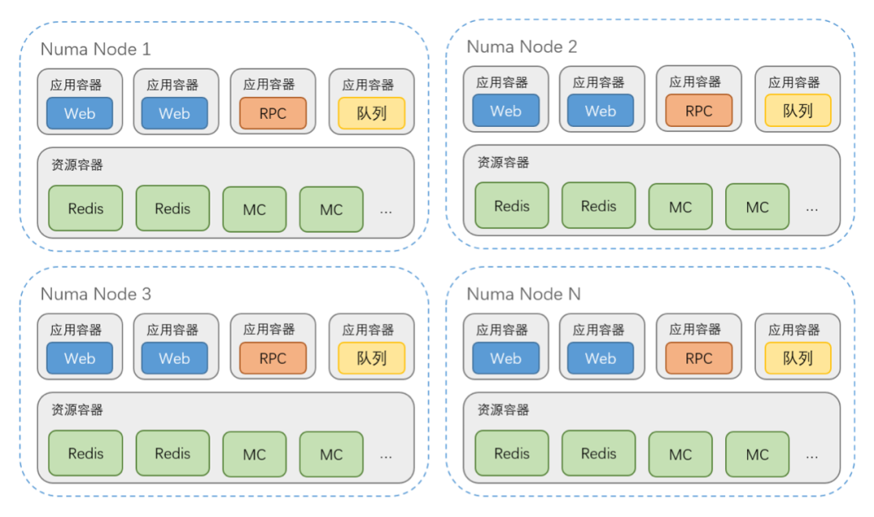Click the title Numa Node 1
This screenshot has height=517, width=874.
click(95, 50)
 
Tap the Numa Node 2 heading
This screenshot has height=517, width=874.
click(522, 47)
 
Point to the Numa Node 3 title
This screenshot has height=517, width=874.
click(95, 295)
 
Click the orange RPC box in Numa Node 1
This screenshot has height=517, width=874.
click(273, 113)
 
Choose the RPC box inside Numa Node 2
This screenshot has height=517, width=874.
click(698, 111)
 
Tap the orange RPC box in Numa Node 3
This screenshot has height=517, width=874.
click(273, 358)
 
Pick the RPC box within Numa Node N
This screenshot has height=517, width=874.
click(698, 358)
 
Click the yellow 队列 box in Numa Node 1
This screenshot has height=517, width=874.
click(371, 113)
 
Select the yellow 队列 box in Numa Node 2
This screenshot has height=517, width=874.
click(798, 111)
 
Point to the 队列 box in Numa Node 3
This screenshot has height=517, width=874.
click(371, 358)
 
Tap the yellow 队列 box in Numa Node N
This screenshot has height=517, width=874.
click(798, 358)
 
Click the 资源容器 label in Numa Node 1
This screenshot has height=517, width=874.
click(77, 165)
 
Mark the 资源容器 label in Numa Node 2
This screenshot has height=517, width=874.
click(503, 163)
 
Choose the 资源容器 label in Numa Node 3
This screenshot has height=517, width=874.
click(77, 410)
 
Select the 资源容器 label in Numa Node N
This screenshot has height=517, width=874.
click(503, 410)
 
